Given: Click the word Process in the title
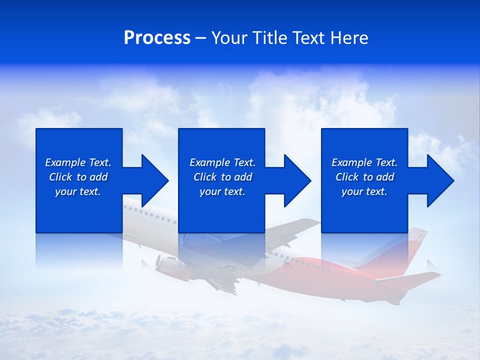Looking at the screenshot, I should point(157,38).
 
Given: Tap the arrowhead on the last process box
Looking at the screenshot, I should point(439,180).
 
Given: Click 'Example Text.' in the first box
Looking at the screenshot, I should point(78,162).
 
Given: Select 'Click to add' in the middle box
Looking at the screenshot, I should point(222,177).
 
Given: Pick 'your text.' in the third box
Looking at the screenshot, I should point(364,191).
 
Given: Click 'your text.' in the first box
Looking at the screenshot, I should point(78,191).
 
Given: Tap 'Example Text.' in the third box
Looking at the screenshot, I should point(364,162).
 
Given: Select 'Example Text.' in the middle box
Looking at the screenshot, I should point(222,162).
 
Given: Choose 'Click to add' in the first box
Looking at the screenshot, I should point(78,177).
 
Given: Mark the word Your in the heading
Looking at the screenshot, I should point(230,38).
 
